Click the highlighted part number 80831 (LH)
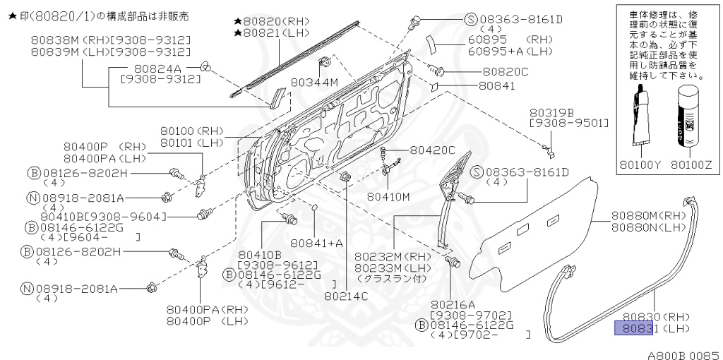pos(638,328)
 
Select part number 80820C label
pos(505,71)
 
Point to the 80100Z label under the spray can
pos(693,166)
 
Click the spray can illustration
pos(688,117)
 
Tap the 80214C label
pos(346,296)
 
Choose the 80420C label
pos(433,150)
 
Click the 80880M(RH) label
pos(649,215)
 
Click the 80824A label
pos(153,68)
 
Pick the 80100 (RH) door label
pos(191,131)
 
